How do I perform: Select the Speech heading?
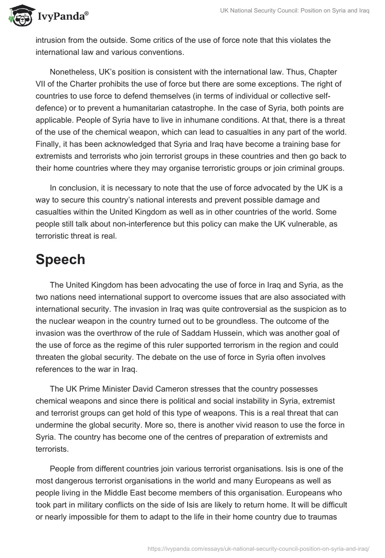pyautogui.click(x=60, y=259)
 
